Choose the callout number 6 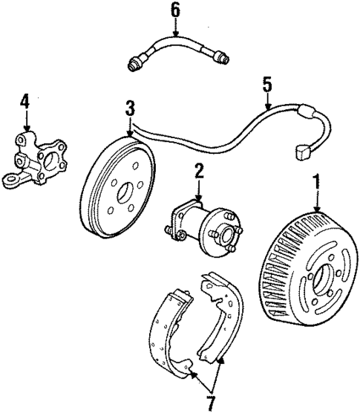[175, 10]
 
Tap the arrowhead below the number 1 [317, 209]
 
